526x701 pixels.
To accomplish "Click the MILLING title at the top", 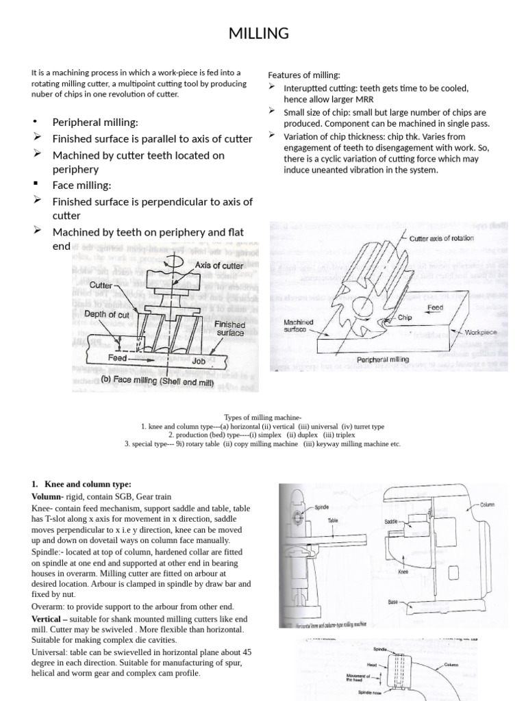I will [x=263, y=33].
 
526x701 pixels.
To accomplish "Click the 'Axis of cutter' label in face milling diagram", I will [x=219, y=265].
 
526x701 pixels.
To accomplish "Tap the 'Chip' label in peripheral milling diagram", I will [x=403, y=318].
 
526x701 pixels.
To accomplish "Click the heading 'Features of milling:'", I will [x=303, y=75].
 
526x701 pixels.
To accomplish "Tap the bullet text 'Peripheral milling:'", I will [x=95, y=122].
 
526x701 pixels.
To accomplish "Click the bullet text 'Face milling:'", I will [x=82, y=185].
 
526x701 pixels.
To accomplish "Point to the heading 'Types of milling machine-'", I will [x=262, y=417].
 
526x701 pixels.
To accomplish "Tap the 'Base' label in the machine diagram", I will [x=392, y=602].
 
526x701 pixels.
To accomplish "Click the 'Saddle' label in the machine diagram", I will [x=392, y=522].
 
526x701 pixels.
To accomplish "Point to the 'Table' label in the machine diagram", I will [x=333, y=520].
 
